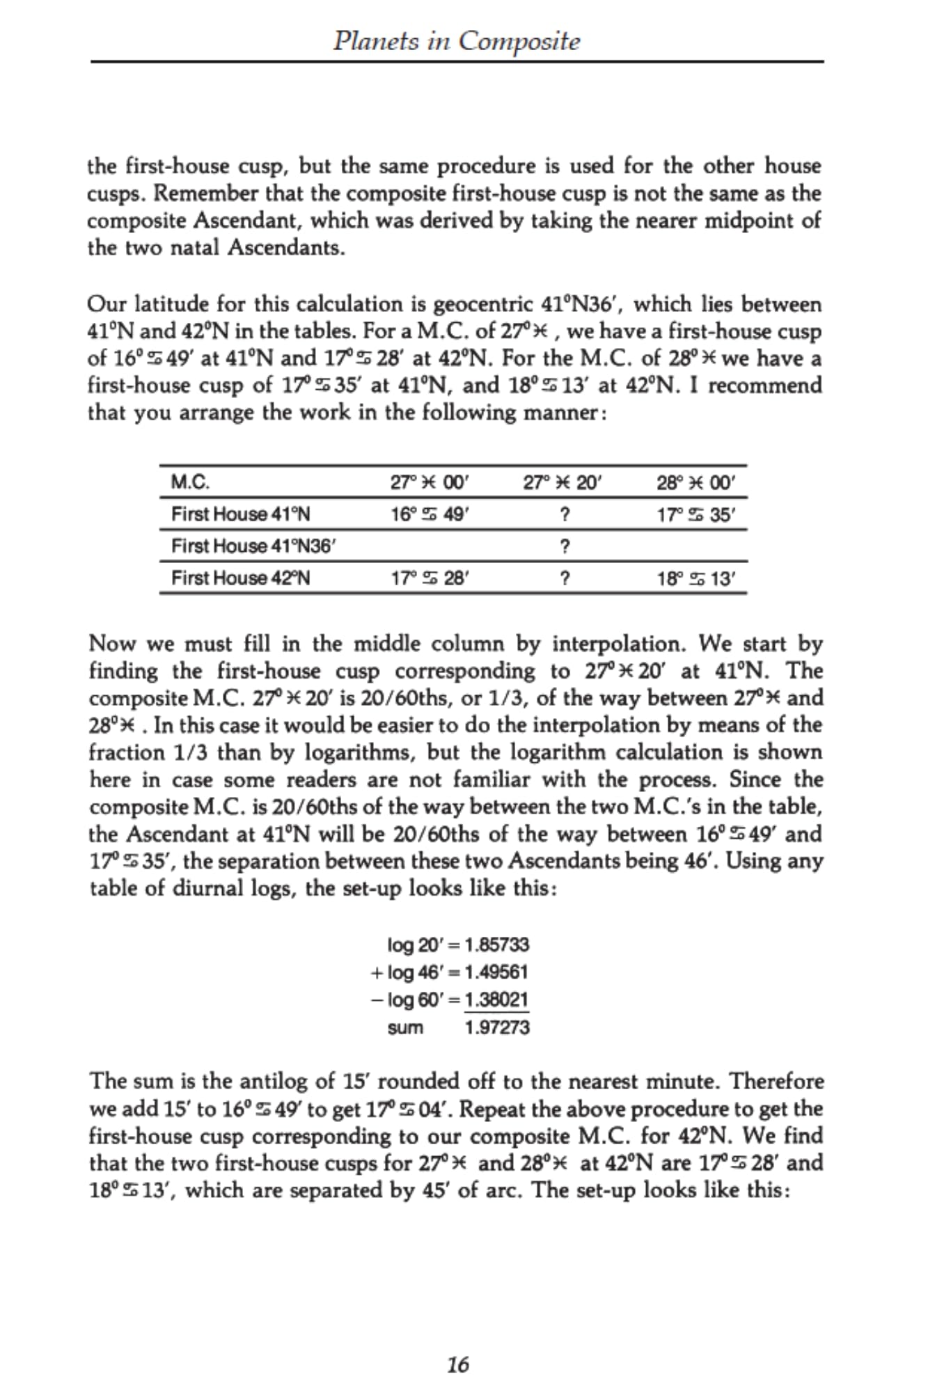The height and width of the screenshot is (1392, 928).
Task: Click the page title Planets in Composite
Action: (456, 41)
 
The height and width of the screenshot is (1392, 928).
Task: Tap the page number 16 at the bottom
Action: (457, 1365)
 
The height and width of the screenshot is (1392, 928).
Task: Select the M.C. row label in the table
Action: (191, 482)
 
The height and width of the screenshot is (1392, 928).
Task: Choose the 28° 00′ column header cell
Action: (695, 482)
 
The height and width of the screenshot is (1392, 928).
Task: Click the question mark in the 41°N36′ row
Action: (565, 546)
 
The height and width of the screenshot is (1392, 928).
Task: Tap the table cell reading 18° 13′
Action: (695, 578)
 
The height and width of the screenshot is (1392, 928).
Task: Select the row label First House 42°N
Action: (241, 578)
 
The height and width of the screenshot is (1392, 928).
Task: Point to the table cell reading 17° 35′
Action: (695, 515)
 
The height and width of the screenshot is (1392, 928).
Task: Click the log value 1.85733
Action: (496, 944)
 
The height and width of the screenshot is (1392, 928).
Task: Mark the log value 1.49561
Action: (496, 972)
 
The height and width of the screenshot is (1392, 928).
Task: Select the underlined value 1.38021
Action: (496, 999)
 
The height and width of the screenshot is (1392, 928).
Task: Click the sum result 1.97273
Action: (496, 1027)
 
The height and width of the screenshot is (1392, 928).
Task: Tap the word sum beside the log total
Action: (405, 1027)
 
